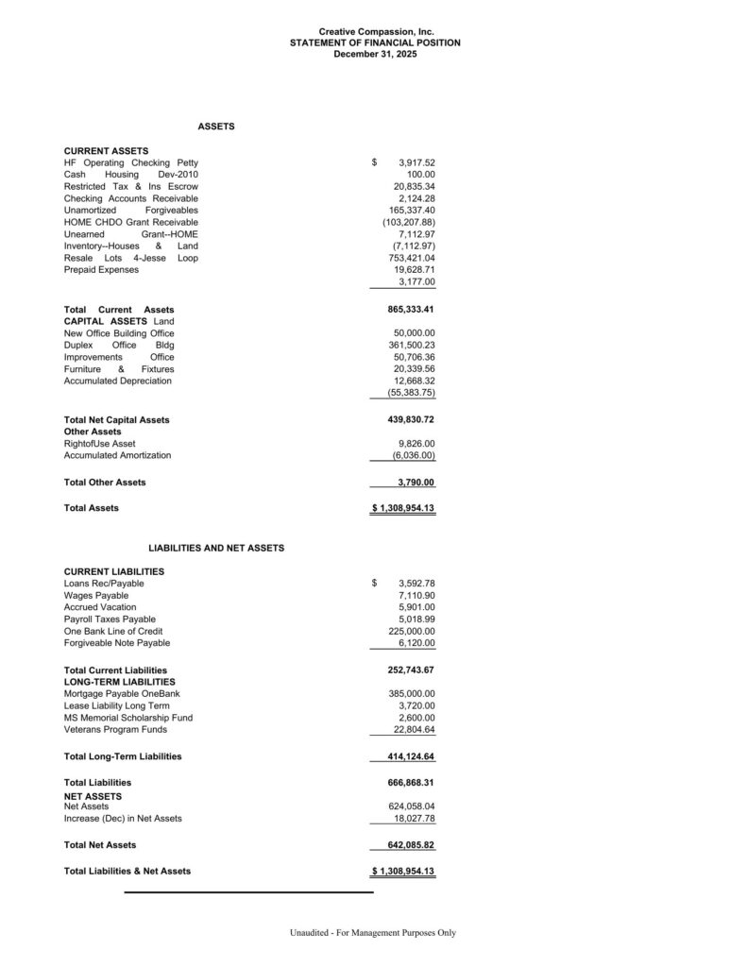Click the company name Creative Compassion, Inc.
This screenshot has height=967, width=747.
[375, 32]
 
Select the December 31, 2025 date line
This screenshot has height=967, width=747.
[375, 54]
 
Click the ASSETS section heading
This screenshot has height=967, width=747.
[216, 126]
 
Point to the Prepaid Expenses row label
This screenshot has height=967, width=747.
[101, 270]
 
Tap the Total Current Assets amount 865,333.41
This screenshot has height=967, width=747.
[411, 310]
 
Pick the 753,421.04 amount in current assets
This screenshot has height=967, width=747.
[411, 258]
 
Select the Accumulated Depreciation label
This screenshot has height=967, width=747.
[118, 381]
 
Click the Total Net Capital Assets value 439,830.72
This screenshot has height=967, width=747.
[411, 419]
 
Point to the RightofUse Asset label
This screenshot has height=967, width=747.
[99, 443]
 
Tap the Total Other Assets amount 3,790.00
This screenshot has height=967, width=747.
[416, 483]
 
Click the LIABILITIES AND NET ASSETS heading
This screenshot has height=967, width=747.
[216, 548]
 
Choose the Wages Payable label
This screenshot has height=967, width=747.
[96, 596]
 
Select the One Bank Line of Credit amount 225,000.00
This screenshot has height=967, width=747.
[411, 631]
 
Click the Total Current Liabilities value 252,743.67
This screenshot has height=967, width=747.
[411, 670]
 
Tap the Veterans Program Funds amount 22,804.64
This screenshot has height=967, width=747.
[414, 729]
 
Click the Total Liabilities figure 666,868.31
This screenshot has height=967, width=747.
[411, 782]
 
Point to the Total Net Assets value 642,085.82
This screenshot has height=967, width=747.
[411, 844]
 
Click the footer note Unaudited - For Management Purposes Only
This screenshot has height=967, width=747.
[373, 933]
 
